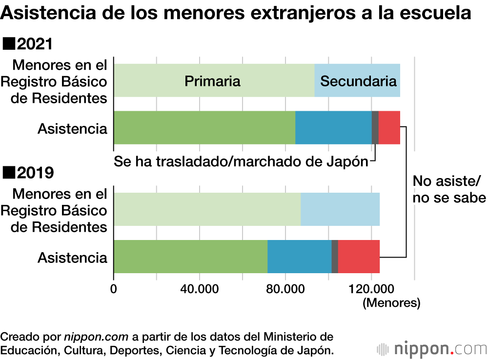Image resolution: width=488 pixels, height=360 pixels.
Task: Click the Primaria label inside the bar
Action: (212, 81)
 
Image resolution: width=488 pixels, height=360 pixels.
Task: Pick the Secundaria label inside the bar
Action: (358, 81)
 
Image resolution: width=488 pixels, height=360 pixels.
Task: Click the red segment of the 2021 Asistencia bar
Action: (389, 127)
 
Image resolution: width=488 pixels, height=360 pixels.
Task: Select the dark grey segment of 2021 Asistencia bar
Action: (375, 127)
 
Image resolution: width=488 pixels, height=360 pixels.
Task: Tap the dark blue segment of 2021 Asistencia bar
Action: (333, 127)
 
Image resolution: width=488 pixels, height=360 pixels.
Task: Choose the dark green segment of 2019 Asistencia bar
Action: (190, 257)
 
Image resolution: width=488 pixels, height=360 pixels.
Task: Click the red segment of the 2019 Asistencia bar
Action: (359, 257)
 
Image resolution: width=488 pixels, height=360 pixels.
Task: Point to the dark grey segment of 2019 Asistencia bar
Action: (335, 257)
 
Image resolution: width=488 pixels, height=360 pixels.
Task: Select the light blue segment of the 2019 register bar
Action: (340, 209)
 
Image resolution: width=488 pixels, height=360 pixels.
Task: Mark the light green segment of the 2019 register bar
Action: (207, 209)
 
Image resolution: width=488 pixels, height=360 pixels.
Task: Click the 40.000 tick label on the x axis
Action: (200, 289)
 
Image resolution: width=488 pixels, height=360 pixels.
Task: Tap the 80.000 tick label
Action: (285, 289)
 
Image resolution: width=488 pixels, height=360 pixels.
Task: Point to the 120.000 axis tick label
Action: (372, 289)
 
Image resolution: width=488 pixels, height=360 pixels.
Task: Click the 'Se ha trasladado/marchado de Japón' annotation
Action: (241, 161)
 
